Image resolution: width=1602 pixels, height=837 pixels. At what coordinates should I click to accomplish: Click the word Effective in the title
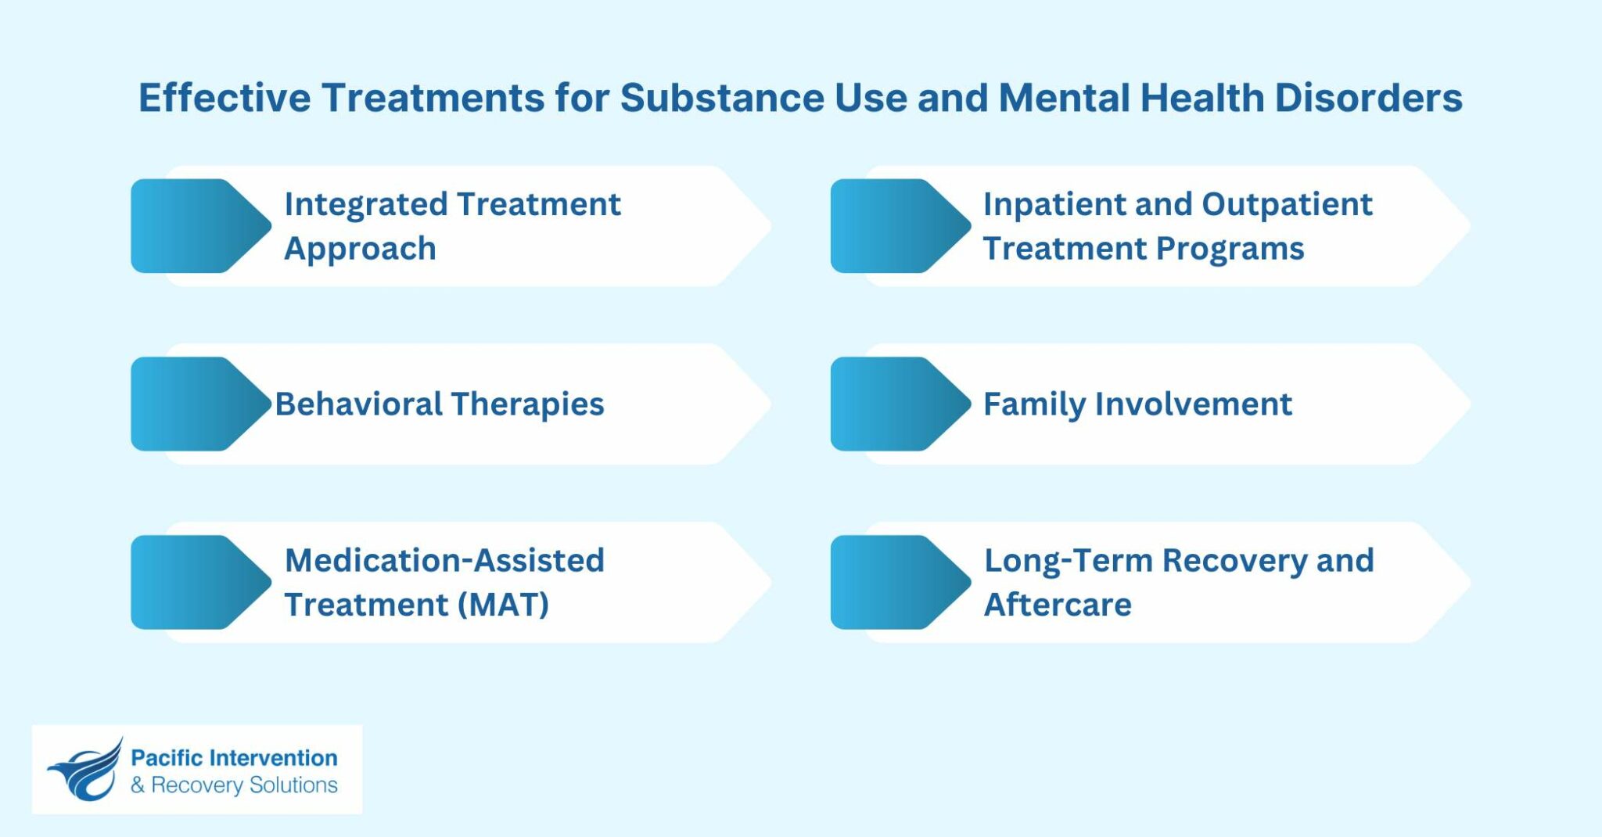click(224, 99)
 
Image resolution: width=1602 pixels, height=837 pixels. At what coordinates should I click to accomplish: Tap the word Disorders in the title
click(1368, 99)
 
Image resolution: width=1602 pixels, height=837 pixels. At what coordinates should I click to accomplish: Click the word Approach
click(360, 250)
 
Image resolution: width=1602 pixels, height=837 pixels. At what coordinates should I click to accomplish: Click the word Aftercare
click(1058, 605)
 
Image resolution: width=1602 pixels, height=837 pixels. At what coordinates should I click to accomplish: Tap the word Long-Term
click(1068, 561)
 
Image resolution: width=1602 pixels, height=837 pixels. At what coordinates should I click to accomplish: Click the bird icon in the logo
click(85, 771)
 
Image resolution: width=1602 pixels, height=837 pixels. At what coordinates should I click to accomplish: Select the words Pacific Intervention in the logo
click(234, 758)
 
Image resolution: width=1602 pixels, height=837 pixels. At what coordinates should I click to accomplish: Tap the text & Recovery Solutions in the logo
click(234, 785)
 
